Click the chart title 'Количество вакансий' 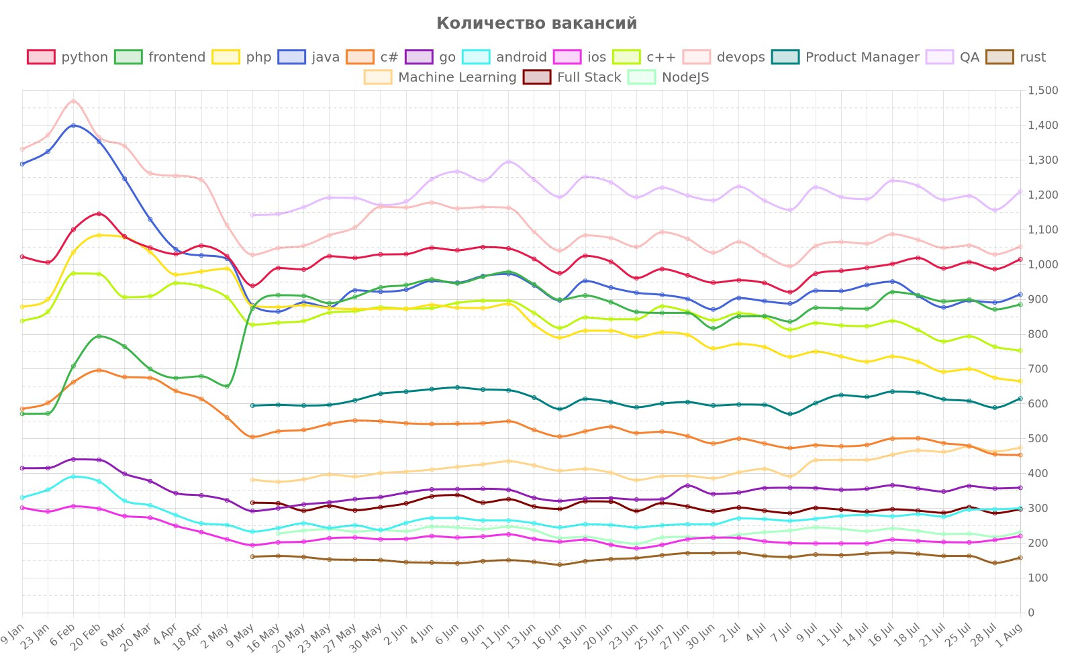click(536, 23)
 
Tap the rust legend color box click(999, 57)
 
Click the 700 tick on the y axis click(1039, 369)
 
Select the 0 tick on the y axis click(1031, 613)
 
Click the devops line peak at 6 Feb click(73, 101)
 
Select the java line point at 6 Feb click(73, 125)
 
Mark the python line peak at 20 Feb click(99, 214)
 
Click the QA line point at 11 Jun click(508, 162)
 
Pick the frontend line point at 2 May click(227, 386)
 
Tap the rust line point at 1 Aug click(1020, 558)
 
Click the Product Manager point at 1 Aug click(1020, 399)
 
